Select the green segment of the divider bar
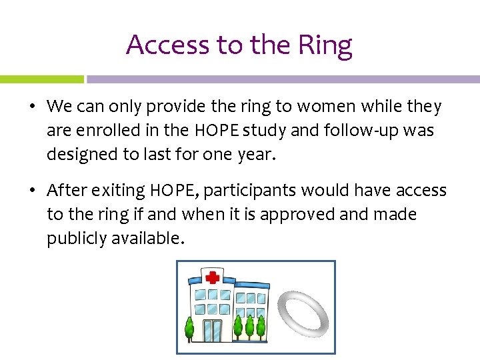(41, 79)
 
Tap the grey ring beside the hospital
(303, 313)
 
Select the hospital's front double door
(213, 329)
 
